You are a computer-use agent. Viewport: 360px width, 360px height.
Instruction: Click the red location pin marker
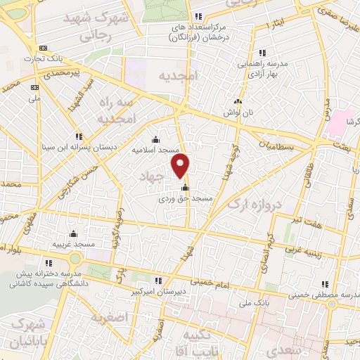click(x=181, y=167)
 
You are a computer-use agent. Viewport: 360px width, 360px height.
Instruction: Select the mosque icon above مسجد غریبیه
click(x=73, y=234)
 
